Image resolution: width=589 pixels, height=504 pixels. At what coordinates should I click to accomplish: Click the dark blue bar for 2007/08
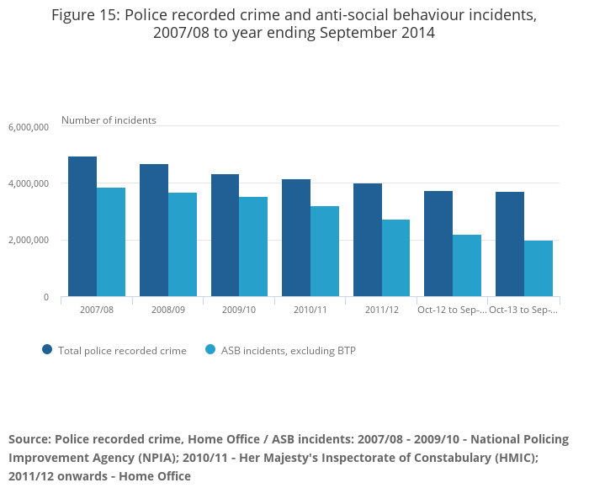82,226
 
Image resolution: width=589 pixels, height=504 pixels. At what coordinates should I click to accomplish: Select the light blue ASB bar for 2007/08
111,242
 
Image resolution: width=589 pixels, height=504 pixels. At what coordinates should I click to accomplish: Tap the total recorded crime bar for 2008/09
154,231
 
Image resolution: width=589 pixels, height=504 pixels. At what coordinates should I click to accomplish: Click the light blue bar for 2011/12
395,258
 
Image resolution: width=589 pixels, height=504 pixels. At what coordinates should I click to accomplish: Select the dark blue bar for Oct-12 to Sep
438,244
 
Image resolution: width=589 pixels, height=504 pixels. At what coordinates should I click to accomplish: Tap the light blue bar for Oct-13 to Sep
539,268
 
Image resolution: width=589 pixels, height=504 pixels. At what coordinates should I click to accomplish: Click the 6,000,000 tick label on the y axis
29,127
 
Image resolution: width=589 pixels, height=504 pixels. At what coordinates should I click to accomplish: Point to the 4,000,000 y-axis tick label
29,183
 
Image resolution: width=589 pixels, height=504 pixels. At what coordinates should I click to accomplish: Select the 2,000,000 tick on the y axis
29,241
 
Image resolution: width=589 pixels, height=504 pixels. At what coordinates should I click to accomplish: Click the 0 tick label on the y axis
46,297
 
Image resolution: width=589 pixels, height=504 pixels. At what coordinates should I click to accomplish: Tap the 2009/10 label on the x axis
239,310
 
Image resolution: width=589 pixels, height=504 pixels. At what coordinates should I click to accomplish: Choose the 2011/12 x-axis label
382,310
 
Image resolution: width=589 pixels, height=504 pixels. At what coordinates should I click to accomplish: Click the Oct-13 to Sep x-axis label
523,310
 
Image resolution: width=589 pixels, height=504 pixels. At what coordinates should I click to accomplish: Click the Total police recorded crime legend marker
47,350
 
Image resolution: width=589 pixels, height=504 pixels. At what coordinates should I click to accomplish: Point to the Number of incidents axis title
109,120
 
